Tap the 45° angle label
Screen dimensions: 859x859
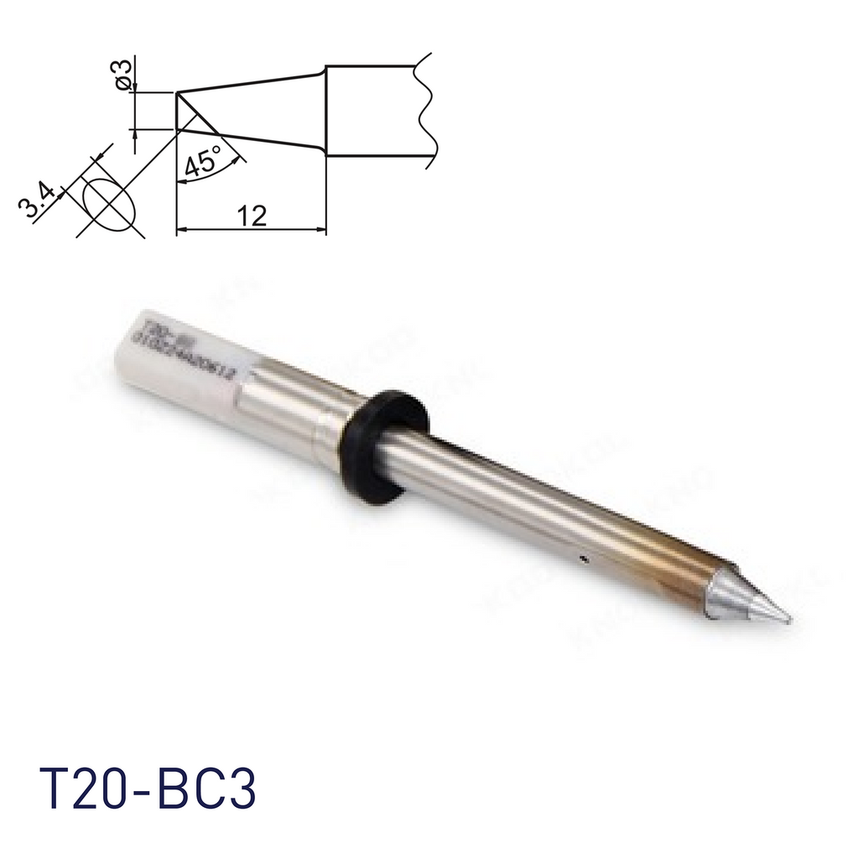click(x=201, y=159)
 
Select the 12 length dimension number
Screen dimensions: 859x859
click(x=251, y=216)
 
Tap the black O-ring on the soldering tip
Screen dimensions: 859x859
click(x=383, y=446)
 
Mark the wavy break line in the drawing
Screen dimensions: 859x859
click(x=425, y=109)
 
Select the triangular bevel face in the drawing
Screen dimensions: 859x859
click(x=190, y=117)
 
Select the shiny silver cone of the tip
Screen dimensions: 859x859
click(x=742, y=597)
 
